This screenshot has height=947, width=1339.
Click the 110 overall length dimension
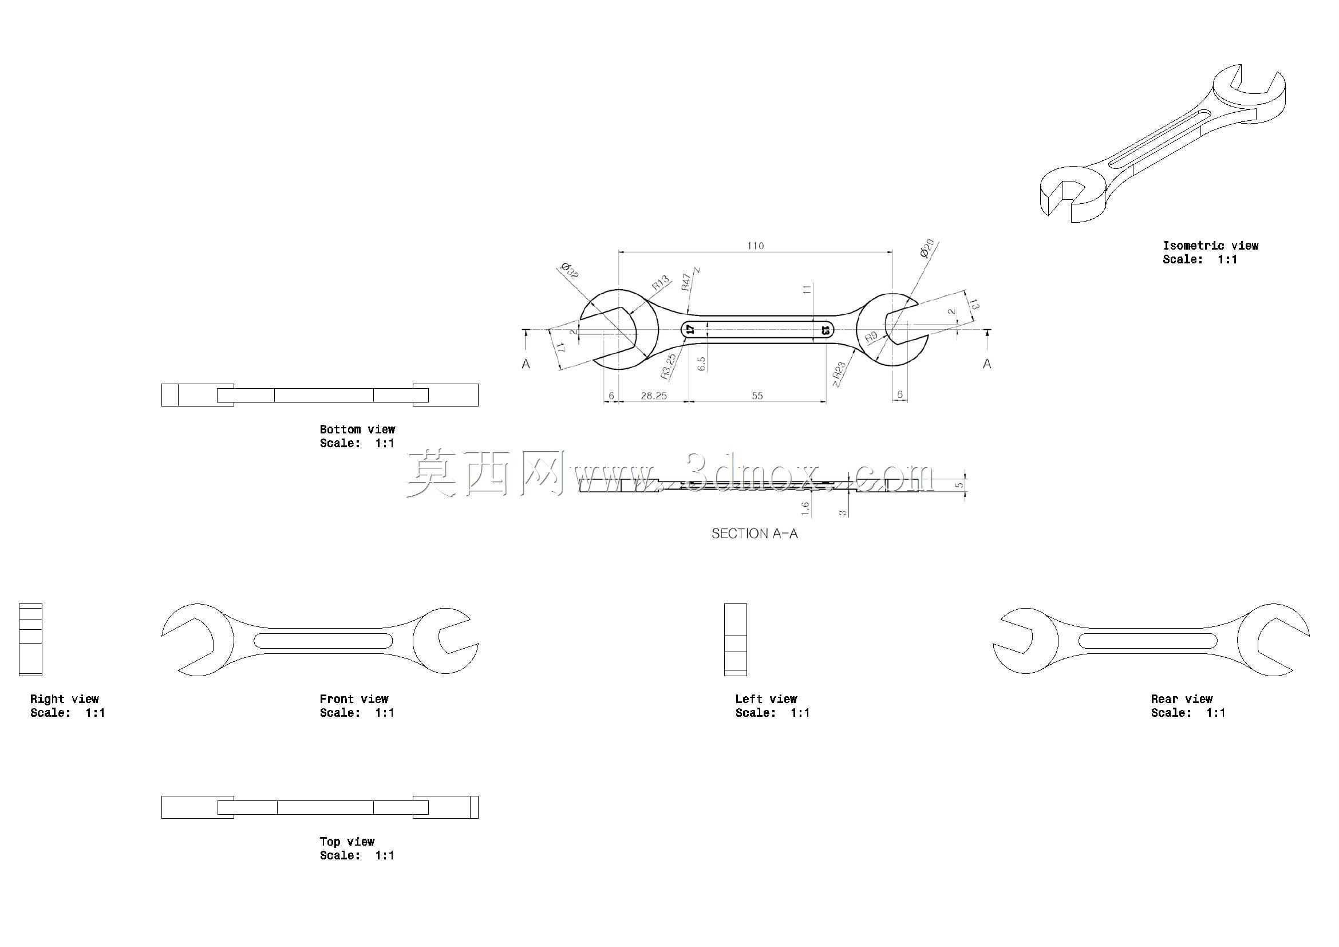pos(755,246)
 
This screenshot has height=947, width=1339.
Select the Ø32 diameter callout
pos(568,271)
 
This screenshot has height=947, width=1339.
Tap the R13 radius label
pos(660,283)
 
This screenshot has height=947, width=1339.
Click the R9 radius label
pos(871,337)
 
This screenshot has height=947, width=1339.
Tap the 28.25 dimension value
pos(653,396)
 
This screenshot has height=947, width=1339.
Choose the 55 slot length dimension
pos(757,396)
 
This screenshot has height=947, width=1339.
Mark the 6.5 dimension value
pos(702,364)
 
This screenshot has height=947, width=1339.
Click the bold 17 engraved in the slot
pos(690,329)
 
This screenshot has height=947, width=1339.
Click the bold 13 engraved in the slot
pos(825,330)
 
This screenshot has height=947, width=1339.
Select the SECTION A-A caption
pos(755,534)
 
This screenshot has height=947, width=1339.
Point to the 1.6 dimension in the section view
pos(805,508)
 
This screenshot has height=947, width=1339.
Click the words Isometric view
pos(1211,246)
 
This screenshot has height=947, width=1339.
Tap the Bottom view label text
pos(357,429)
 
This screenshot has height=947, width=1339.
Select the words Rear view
pos(1182,699)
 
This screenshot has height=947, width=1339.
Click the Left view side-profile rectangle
pos(736,640)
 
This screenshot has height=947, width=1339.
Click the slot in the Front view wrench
pos(323,640)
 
